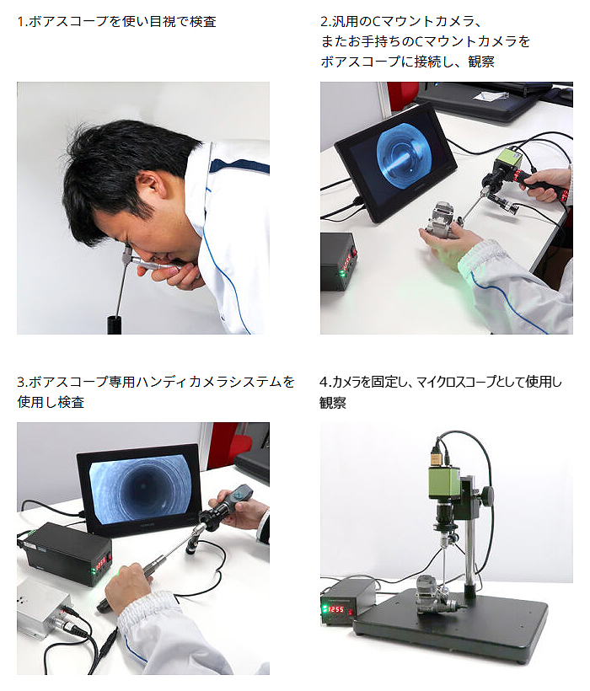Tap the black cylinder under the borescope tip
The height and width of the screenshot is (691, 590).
click(115, 324)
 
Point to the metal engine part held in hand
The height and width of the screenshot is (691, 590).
click(442, 219)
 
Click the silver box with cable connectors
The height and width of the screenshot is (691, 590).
click(43, 609)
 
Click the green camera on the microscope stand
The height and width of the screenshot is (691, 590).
click(444, 484)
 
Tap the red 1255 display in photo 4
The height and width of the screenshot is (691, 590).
click(337, 609)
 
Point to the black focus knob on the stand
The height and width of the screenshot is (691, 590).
click(487, 495)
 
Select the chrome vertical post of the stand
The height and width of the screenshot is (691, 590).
click(470, 552)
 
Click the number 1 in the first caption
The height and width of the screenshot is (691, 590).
click(20, 22)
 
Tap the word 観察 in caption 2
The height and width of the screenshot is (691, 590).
click(480, 62)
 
